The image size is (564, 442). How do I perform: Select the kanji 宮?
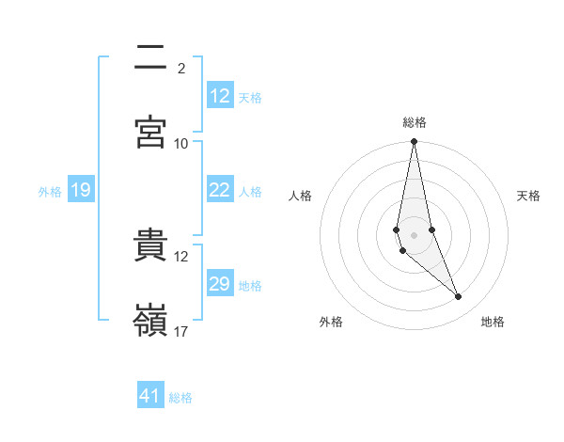[x=150, y=132]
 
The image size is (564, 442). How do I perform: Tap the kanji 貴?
[x=150, y=246]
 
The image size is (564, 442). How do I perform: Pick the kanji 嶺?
[x=150, y=320]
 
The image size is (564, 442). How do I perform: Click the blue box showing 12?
[x=220, y=96]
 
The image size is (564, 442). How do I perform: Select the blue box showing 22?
[x=220, y=191]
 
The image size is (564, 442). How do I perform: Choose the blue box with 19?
[x=81, y=191]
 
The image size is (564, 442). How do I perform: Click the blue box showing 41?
[x=150, y=397]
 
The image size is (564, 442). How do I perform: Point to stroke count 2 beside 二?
[x=180, y=68]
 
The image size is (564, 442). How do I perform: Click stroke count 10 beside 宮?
[x=181, y=143]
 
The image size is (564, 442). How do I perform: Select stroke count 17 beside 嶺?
[x=181, y=331]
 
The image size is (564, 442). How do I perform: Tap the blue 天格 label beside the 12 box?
[x=250, y=97]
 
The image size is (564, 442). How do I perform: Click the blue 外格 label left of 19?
[x=50, y=192]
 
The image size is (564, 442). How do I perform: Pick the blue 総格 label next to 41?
[x=180, y=398]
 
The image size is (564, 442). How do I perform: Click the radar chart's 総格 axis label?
[x=415, y=123]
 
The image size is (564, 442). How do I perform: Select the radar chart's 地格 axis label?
[x=493, y=323]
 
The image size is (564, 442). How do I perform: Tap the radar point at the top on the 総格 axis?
[x=414, y=142]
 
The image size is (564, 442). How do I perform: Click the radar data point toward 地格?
[x=459, y=297]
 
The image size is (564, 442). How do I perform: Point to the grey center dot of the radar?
[x=414, y=235]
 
